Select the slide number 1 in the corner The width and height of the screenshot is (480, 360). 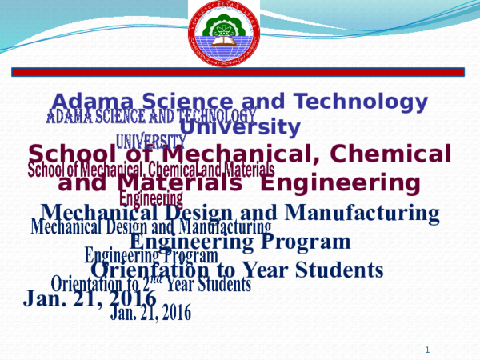428,350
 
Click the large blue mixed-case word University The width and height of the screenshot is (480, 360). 240,126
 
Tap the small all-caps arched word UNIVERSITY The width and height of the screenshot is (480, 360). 151,142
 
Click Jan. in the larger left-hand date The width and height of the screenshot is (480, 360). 47,298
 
